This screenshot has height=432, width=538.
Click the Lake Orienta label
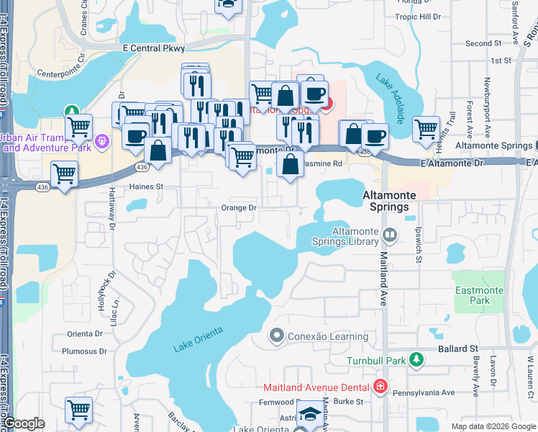tap(198, 339)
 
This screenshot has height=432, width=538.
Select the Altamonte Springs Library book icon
tap(389, 235)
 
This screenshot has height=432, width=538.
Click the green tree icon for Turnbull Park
tap(415, 359)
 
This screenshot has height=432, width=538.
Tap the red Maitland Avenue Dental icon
tap(380, 387)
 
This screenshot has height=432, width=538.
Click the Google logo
tap(24, 423)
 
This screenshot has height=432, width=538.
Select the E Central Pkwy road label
tap(154, 48)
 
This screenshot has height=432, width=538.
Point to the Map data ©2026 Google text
tap(493, 426)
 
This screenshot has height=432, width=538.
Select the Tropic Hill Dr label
tap(438, 16)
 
